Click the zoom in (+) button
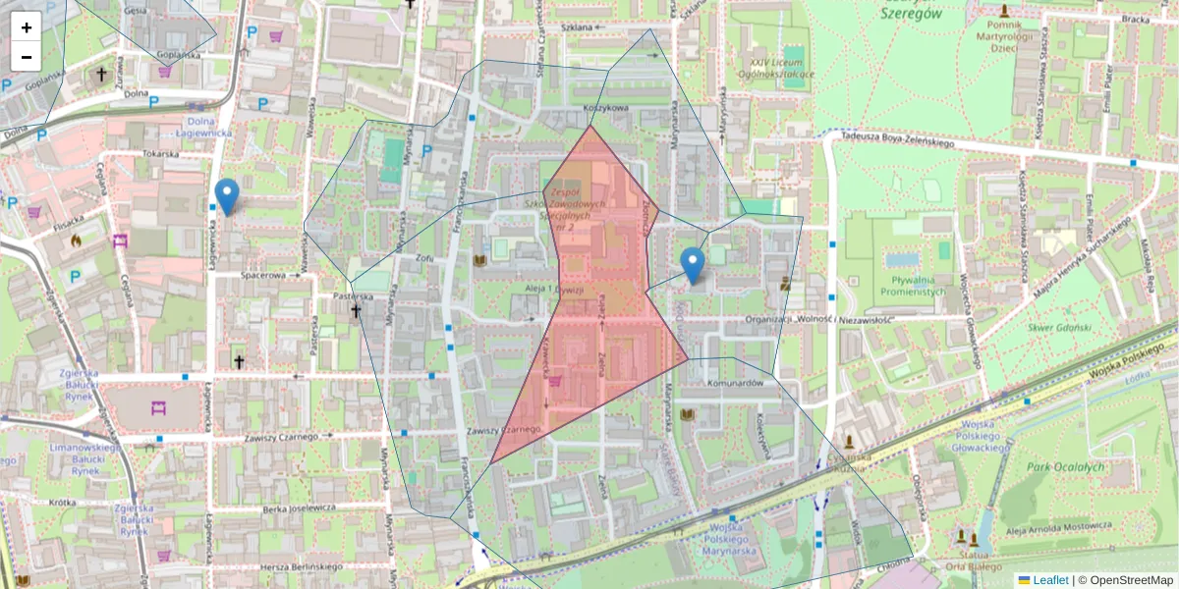(27, 27)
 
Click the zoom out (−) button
(27, 56)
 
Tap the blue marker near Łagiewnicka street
(227, 195)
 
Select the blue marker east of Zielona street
(693, 264)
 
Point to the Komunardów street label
(735, 384)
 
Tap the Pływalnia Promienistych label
(914, 285)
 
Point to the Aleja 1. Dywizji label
(555, 290)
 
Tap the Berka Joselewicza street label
(292, 508)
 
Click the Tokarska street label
(160, 153)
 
